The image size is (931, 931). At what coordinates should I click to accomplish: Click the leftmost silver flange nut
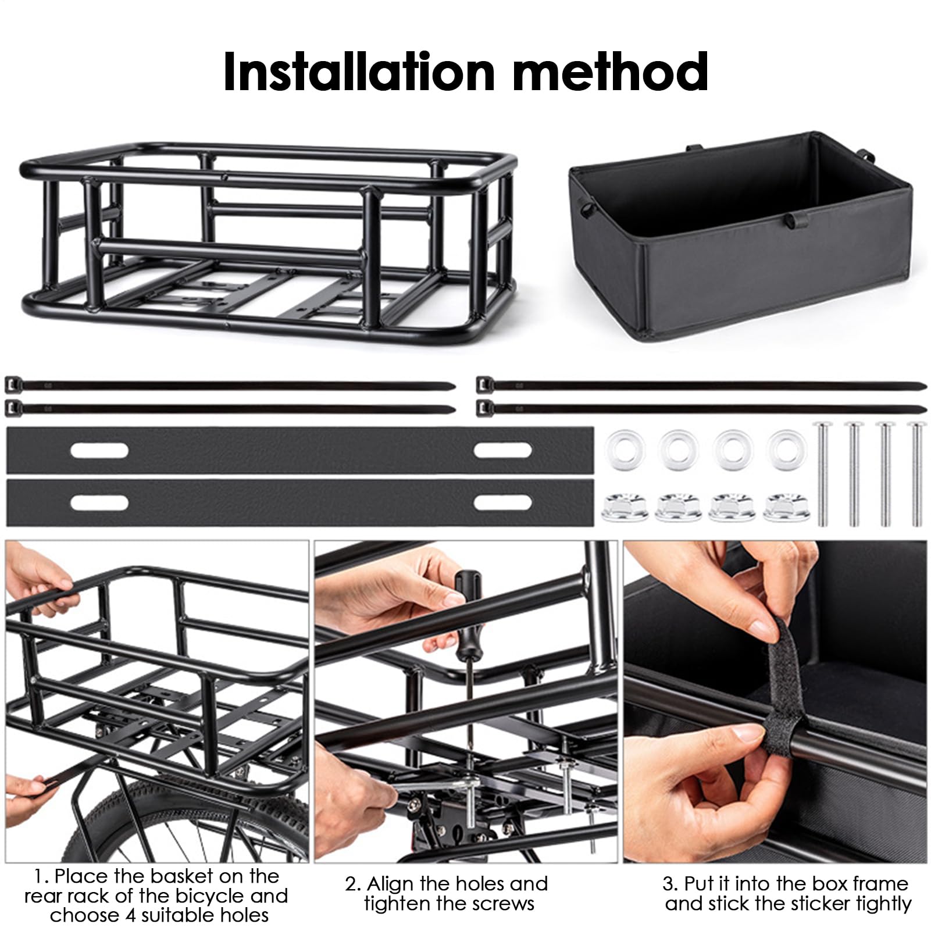(x=623, y=507)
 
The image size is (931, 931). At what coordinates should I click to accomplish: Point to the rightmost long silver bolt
(x=916, y=473)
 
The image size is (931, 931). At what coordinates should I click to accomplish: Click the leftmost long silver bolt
(x=822, y=473)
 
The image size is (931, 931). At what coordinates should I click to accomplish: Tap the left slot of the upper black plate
(x=99, y=450)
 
